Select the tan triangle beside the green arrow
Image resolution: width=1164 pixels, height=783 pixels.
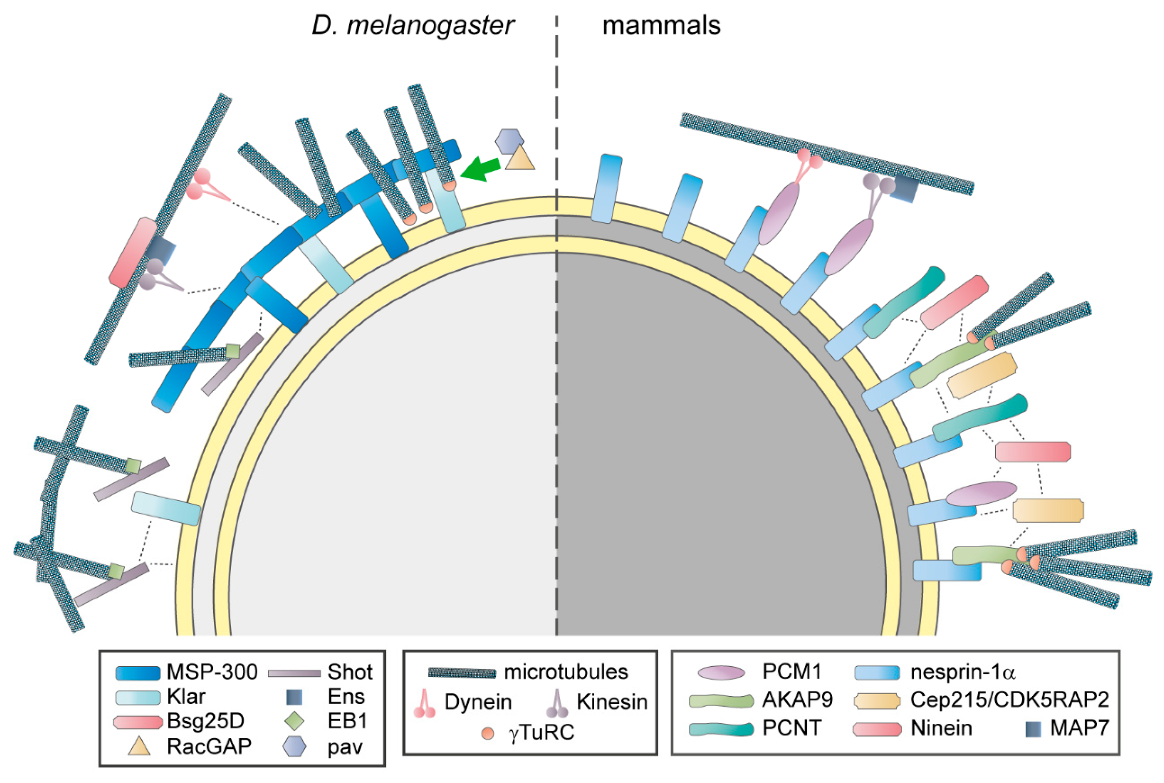pos(520,159)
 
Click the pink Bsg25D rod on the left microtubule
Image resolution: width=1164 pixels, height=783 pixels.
pos(133,252)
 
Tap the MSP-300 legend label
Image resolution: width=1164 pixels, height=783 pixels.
pos(212,672)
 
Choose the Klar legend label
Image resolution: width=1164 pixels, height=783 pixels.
pos(186,697)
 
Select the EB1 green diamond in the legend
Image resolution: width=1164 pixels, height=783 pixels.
pos(294,722)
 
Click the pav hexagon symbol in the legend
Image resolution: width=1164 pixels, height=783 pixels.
pos(294,747)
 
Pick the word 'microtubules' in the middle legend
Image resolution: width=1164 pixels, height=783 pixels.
pos(565,672)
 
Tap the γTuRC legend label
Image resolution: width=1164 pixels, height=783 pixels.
pos(542,733)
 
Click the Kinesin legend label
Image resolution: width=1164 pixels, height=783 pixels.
pos(612,702)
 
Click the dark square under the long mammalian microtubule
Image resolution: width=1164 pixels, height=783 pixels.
pos(904,189)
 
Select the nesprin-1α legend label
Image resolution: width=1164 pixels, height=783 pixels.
pos(962,672)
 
